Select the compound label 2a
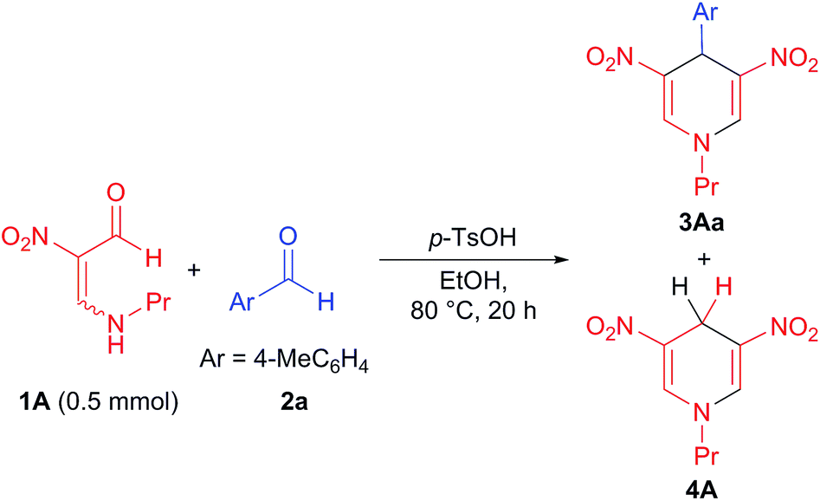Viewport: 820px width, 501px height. point(279,404)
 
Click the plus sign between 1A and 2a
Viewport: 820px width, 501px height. point(194,271)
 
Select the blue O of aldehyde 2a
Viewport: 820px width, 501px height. point(291,237)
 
